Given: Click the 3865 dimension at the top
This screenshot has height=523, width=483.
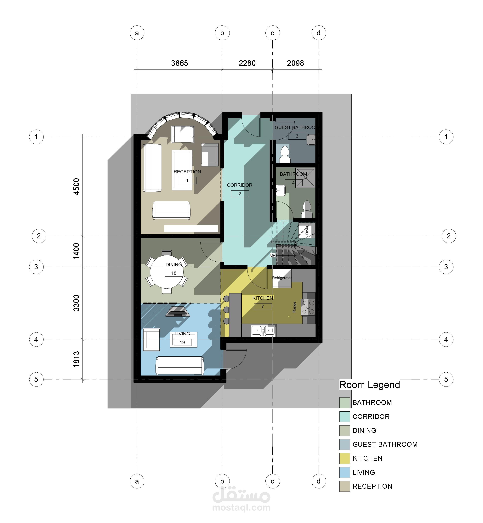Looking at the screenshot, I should click(x=179, y=63).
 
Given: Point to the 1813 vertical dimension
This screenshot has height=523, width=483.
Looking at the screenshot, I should click(x=76, y=359).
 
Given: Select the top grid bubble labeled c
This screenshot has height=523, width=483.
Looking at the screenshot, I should click(x=272, y=33).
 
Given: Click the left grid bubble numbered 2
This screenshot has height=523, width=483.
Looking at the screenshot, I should click(x=39, y=236).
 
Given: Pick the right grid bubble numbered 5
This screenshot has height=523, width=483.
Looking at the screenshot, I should click(x=446, y=379).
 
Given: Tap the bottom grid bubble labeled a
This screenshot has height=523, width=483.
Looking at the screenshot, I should click(x=137, y=481).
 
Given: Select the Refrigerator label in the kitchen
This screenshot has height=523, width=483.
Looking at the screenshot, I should click(x=282, y=278).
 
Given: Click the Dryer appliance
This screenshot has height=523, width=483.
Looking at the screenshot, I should click(x=307, y=230).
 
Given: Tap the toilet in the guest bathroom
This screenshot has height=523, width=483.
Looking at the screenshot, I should click(x=285, y=154).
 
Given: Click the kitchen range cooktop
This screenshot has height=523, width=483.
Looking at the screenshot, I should click(x=308, y=307).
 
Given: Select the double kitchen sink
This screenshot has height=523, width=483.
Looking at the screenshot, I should click(x=263, y=331).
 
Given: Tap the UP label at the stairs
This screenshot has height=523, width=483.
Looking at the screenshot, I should click(x=273, y=255).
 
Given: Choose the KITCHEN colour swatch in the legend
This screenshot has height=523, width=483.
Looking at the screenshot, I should click(x=344, y=458).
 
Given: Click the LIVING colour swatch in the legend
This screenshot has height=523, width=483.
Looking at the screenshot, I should click(x=344, y=472).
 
